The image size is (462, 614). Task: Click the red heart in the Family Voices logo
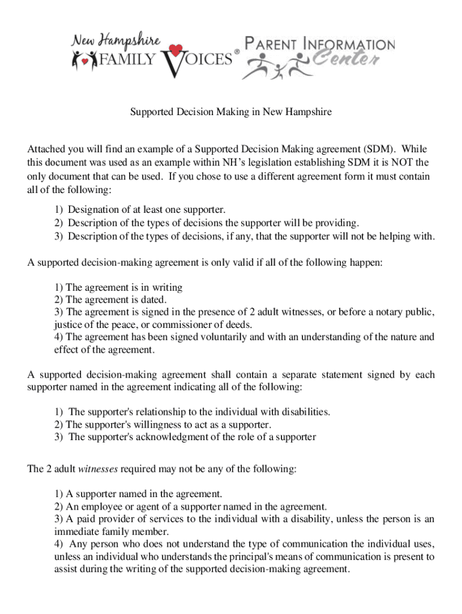coord(175,50)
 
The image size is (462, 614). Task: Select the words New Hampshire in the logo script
coord(116,42)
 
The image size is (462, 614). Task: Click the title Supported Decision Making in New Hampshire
coord(231,112)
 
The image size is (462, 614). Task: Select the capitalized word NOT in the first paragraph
coord(403,162)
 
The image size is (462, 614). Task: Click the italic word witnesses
coord(98,469)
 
